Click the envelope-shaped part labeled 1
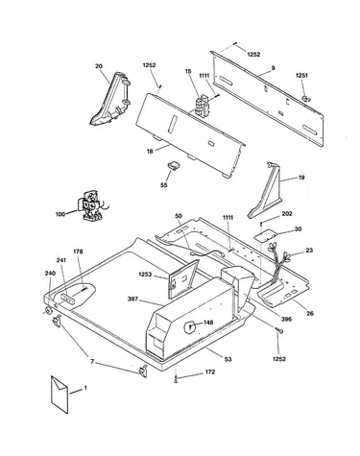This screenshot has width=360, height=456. [60, 395]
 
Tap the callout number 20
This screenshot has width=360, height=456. [99, 66]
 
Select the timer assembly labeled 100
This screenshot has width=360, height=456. [91, 205]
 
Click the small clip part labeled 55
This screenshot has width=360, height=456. [174, 166]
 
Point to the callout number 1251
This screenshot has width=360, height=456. [301, 76]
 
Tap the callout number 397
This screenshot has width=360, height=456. [132, 299]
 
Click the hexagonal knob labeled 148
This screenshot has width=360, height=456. [189, 327]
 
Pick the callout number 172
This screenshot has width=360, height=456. [210, 372]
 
